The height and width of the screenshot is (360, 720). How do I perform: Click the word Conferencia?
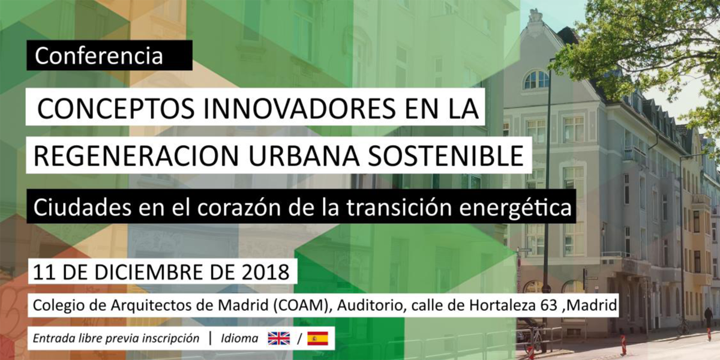coord(98,56)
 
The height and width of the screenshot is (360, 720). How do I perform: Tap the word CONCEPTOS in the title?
coord(116,109)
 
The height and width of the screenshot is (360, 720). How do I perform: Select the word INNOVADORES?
coord(299,109)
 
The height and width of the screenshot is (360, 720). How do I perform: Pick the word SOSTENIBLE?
coord(446,156)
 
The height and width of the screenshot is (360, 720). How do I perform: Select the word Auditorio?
coord(370,305)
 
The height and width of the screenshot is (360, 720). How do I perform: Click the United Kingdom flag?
coord(278,338)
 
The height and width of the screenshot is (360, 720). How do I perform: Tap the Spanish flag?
coord(317,338)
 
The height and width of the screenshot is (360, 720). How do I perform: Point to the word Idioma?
coord(239,338)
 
